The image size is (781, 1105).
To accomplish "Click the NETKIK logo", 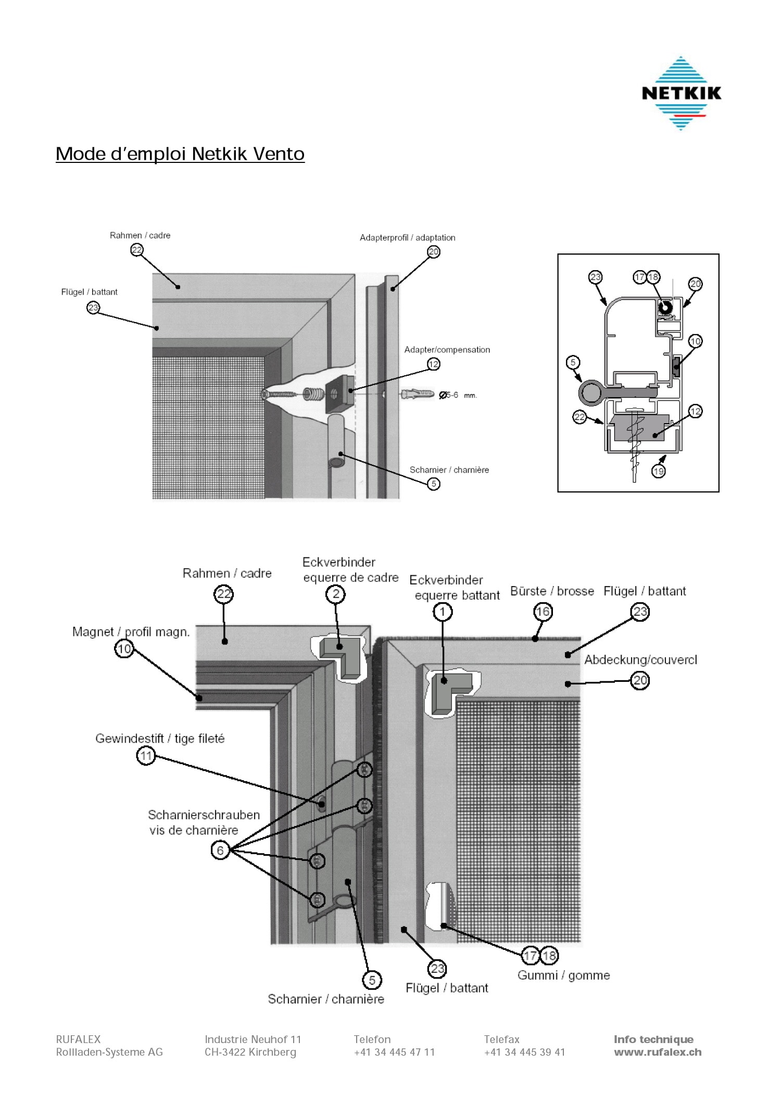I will (681, 93).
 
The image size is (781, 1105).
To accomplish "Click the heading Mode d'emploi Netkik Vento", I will (180, 154).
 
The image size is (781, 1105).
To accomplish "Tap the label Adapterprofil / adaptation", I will (407, 238).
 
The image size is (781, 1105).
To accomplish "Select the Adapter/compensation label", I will (447, 350).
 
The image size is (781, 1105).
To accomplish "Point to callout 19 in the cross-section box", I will (659, 472).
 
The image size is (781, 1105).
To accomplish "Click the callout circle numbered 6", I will (220, 850).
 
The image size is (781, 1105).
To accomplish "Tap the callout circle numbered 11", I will (146, 756).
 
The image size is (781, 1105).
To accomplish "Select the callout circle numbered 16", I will (543, 612).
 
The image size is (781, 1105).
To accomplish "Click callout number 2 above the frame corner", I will (336, 594).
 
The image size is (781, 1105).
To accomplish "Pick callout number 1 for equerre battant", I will (443, 612).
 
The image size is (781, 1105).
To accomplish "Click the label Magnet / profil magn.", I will (131, 632).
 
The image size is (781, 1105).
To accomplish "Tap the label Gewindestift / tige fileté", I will (160, 739).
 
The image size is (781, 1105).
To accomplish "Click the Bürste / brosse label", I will (552, 591).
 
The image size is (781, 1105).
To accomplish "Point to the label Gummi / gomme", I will (563, 975).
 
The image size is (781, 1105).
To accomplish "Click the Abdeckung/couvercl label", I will (640, 660).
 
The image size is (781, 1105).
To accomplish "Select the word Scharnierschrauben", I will (204, 815).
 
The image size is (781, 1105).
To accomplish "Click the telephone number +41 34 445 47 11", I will (394, 1052).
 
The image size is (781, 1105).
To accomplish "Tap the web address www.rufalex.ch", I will (658, 1052).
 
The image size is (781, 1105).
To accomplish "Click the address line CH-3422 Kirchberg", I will (250, 1052).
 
